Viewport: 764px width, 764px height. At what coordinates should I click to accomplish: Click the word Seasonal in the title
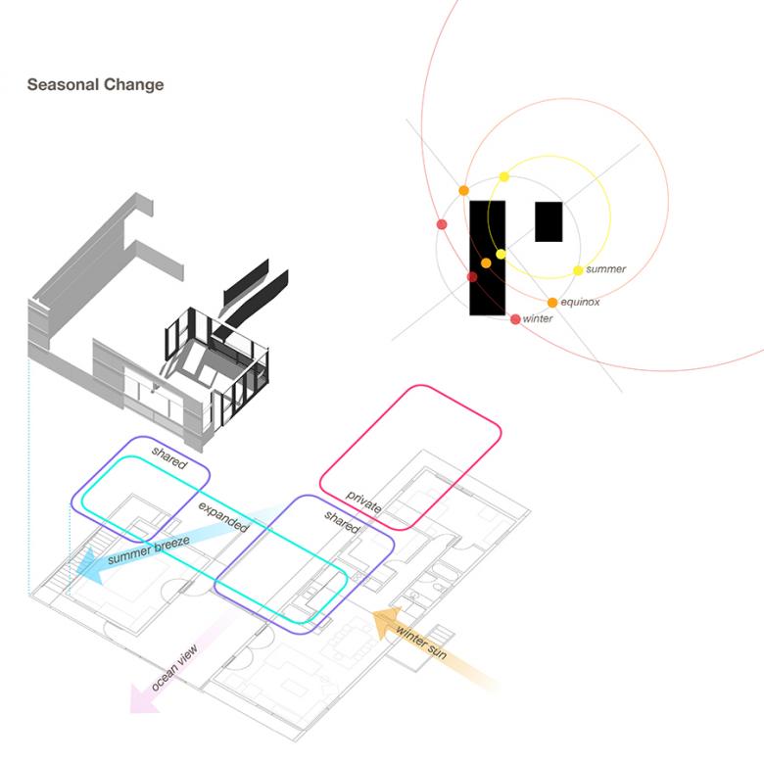[x=61, y=85]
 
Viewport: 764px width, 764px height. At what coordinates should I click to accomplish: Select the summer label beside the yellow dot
[x=605, y=269]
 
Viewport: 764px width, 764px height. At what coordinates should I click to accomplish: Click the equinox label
[x=580, y=303]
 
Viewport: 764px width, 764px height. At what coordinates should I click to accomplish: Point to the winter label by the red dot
[x=538, y=319]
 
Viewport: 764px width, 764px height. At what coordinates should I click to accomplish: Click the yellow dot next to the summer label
[x=578, y=270]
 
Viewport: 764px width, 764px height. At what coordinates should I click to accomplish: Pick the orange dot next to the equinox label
[x=552, y=303]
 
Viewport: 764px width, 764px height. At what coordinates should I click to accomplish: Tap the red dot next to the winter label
[x=515, y=319]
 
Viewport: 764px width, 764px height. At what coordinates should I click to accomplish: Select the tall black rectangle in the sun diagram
[x=487, y=258]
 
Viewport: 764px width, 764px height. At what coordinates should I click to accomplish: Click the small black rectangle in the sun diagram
[x=549, y=221]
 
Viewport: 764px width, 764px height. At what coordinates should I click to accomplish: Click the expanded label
[x=223, y=516]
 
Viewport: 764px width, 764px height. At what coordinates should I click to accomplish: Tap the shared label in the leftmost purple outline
[x=168, y=456]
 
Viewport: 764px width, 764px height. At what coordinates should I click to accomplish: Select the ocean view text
[x=175, y=670]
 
